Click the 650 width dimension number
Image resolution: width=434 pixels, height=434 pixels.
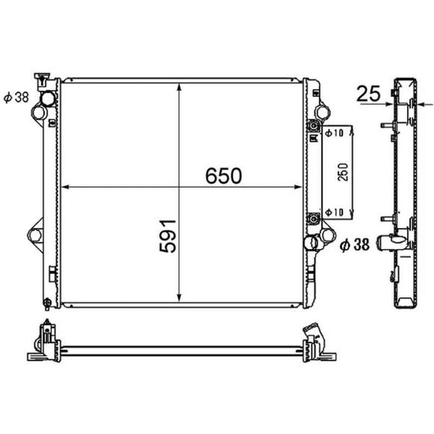coord(224,176)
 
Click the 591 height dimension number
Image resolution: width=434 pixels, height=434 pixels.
coord(168,236)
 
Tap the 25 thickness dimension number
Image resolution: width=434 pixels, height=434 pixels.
coord(368,93)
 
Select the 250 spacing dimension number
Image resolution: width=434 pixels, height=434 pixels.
coord(343,172)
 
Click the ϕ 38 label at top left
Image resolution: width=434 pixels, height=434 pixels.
coord(16,97)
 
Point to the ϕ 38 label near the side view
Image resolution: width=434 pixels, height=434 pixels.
coord(355,245)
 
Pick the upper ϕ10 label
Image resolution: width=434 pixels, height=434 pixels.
coord(334,133)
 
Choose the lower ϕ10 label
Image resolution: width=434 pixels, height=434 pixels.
coord(334,212)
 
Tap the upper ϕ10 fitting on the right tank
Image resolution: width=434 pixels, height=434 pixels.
coord(313,126)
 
